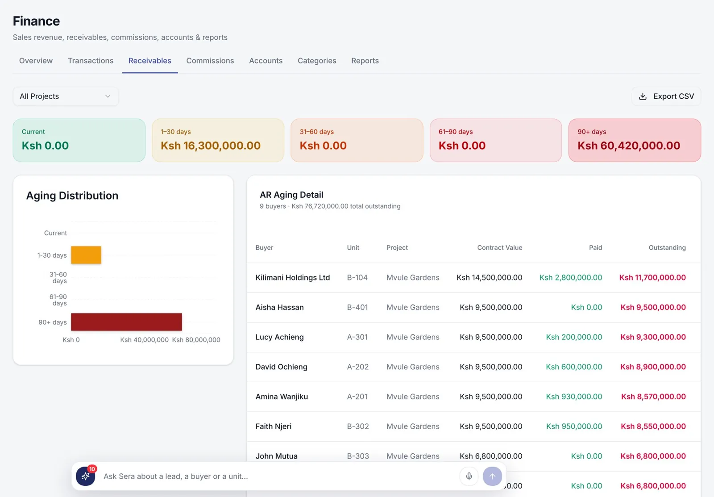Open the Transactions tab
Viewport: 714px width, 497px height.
click(91, 61)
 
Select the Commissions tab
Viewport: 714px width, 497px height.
click(210, 61)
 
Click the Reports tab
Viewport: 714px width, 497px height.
click(365, 61)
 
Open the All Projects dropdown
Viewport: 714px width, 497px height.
click(66, 96)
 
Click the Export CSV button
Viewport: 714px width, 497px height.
click(666, 96)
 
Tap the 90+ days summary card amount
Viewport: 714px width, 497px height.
click(629, 146)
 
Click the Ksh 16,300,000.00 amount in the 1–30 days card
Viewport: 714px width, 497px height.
click(210, 146)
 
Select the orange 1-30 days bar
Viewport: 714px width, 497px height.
click(86, 255)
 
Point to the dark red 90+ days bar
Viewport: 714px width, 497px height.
click(127, 322)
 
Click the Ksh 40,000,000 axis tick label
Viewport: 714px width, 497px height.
click(144, 340)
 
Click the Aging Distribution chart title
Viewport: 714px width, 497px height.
click(72, 196)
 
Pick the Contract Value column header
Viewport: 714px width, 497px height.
click(499, 247)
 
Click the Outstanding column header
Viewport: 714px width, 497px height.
click(667, 247)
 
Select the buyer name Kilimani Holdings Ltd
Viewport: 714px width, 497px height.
click(293, 278)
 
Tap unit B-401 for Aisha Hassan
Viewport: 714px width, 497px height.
click(357, 307)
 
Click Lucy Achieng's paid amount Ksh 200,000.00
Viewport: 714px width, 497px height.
click(574, 337)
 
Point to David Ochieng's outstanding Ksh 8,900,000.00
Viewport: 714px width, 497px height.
click(653, 367)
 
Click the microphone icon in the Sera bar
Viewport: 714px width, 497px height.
click(469, 476)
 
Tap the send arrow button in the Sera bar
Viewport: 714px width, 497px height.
click(493, 476)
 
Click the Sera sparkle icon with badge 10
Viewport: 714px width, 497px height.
click(85, 476)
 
